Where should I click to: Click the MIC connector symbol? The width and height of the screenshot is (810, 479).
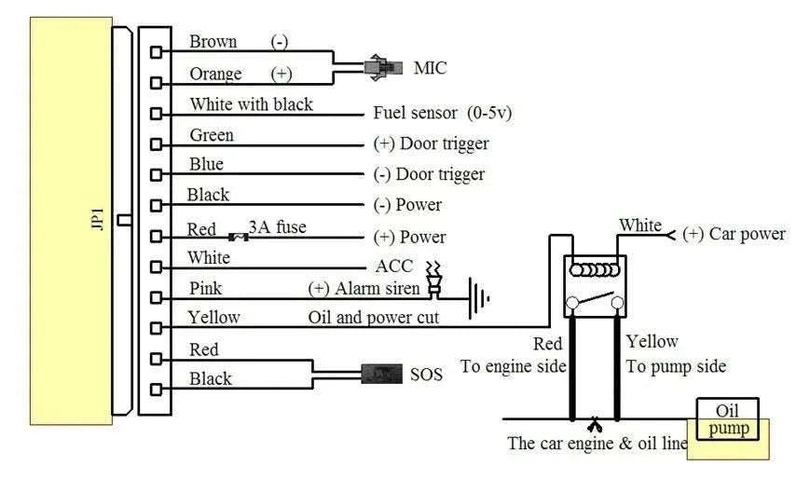(x=383, y=67)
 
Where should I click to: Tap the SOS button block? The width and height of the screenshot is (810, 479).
(x=381, y=374)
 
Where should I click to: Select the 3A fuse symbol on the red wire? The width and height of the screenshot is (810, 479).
(x=238, y=238)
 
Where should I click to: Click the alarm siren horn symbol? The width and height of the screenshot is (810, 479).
(x=433, y=281)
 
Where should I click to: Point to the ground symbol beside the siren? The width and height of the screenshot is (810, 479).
(x=479, y=298)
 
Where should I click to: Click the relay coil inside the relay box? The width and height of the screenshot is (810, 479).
(x=594, y=270)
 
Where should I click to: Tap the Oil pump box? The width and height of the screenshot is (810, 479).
(x=727, y=419)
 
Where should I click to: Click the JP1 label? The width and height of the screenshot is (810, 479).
(x=97, y=219)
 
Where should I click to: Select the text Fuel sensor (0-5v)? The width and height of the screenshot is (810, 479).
(x=442, y=113)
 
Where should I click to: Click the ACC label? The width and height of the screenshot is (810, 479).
(x=394, y=267)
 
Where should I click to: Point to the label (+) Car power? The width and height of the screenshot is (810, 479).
(x=734, y=234)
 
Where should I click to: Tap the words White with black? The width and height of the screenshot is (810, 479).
(x=251, y=104)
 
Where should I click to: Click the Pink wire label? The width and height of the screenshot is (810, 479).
(x=205, y=288)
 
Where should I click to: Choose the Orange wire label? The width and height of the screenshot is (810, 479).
(x=215, y=74)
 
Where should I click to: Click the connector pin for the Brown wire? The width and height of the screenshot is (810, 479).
(x=156, y=51)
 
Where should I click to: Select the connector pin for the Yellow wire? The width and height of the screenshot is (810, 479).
(x=156, y=328)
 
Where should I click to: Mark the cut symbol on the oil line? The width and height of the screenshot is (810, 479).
(x=595, y=425)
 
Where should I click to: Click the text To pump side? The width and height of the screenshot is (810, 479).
(x=676, y=366)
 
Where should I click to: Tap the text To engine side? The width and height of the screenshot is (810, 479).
(x=513, y=366)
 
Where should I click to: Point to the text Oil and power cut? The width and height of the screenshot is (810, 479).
(x=373, y=317)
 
